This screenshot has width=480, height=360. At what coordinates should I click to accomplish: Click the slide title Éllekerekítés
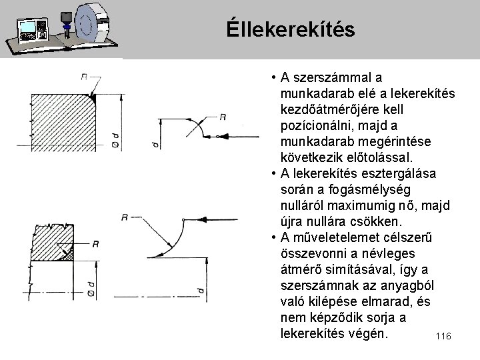click(x=290, y=29)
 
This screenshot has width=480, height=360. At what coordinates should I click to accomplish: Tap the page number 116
click(x=443, y=337)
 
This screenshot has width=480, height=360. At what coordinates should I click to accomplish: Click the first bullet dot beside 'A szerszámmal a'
click(x=275, y=79)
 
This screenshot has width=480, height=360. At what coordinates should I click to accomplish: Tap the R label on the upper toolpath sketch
click(x=223, y=117)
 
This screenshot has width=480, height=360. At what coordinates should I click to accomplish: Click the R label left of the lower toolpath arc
click(x=125, y=217)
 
